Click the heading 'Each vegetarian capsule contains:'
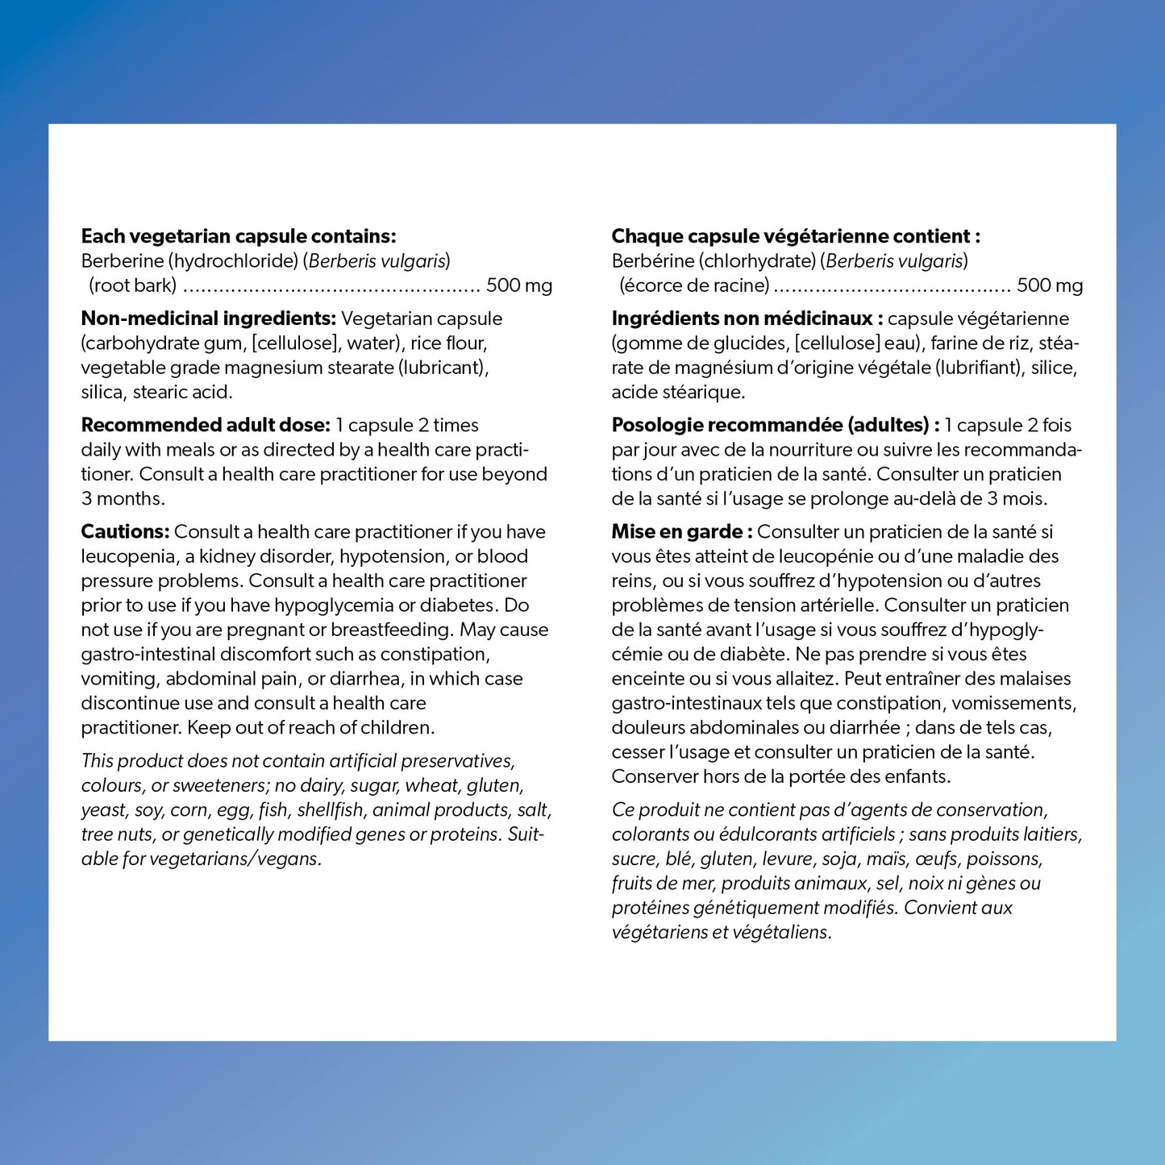coord(239,236)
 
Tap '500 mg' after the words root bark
coord(519,285)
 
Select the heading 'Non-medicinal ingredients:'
coord(208,318)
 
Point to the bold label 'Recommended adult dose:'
coord(206,425)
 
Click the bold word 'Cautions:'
coord(125,531)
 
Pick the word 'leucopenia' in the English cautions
coord(128,556)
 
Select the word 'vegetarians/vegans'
coord(235,859)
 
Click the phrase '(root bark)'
coord(133,285)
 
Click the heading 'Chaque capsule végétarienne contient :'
coord(796,236)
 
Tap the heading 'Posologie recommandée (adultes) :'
coord(776,425)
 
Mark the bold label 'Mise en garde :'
coord(682,531)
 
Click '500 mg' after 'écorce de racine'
coord(1050,285)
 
